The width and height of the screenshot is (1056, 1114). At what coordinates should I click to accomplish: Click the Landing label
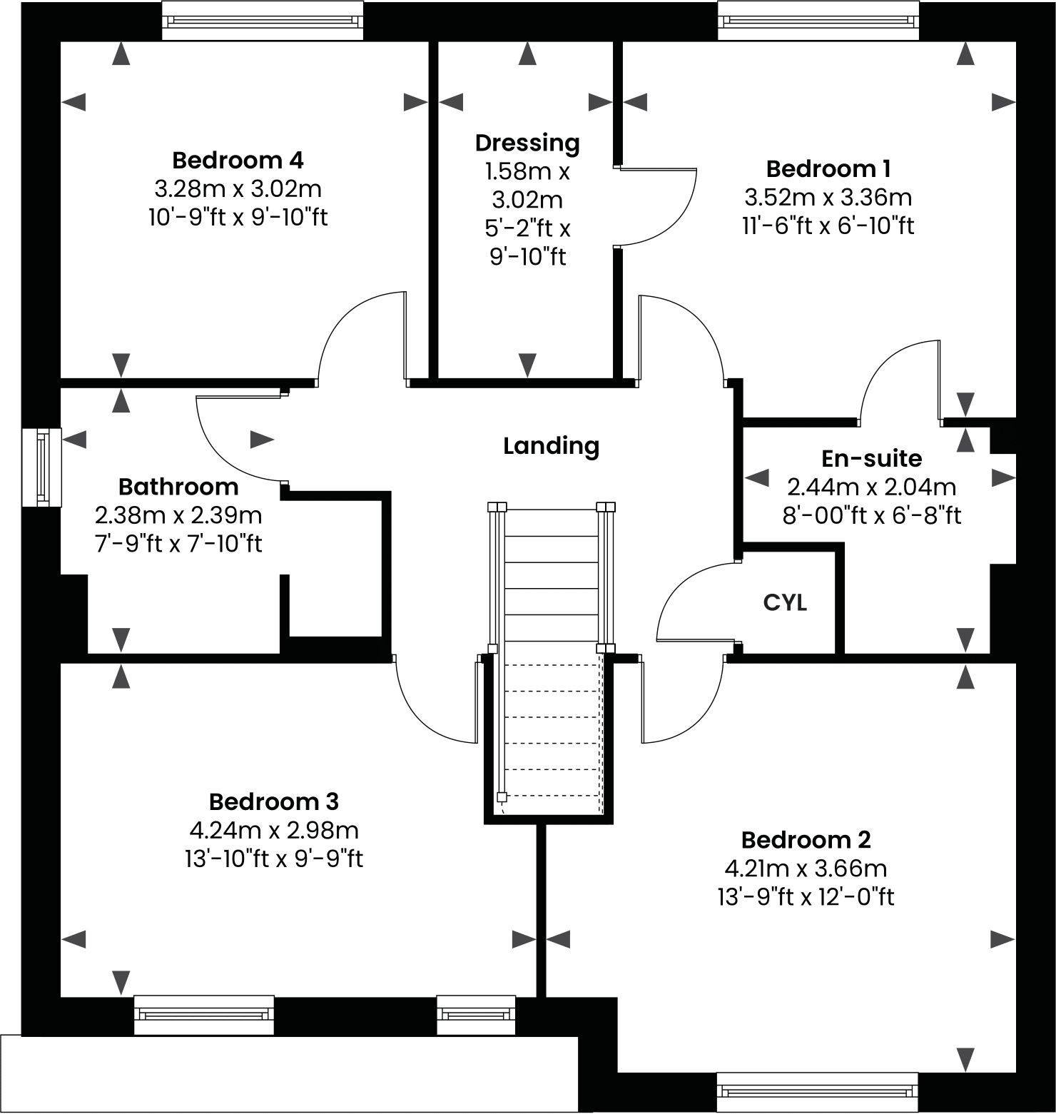(x=551, y=446)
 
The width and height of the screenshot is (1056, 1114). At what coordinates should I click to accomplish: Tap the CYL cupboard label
(x=785, y=603)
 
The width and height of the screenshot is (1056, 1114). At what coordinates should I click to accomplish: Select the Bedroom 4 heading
(x=238, y=160)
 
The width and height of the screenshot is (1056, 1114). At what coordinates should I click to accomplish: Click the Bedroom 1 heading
(x=828, y=169)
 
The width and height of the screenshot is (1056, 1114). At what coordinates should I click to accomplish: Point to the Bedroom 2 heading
(x=806, y=840)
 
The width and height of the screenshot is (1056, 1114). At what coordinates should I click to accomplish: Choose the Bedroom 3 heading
(x=273, y=801)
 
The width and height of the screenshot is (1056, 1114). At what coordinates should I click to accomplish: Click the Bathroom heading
(x=178, y=487)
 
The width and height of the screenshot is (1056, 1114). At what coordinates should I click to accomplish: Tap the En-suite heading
(x=871, y=458)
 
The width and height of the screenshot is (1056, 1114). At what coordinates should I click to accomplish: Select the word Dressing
(x=527, y=143)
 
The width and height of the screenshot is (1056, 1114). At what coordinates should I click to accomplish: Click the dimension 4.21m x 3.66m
(x=806, y=869)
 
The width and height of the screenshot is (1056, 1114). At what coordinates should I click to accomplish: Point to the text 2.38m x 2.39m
(x=178, y=515)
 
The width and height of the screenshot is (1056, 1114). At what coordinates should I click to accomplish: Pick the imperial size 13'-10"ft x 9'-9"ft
(x=273, y=859)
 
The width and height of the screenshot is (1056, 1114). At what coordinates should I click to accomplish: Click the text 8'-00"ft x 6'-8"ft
(x=871, y=515)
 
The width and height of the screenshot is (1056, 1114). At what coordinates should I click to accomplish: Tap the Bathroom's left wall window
(x=41, y=467)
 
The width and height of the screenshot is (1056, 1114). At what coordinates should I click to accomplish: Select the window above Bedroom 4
(x=263, y=21)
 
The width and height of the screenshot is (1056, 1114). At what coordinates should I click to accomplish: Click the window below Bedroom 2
(x=818, y=1092)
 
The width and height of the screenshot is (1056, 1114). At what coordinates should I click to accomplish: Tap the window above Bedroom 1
(x=818, y=21)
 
